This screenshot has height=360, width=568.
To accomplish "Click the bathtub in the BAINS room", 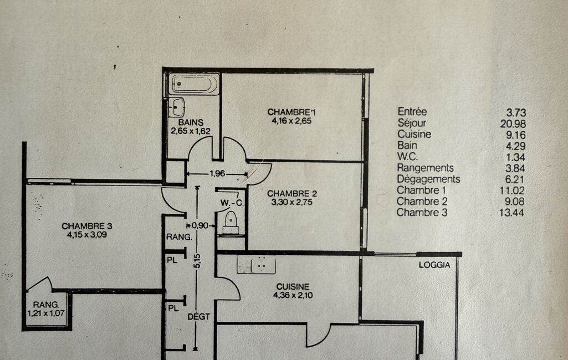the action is (x=194, y=84).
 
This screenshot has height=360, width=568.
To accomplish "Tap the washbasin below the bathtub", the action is (x=177, y=107).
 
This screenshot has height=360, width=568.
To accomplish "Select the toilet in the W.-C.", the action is (x=231, y=223).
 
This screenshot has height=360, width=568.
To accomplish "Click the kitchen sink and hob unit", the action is (x=256, y=265).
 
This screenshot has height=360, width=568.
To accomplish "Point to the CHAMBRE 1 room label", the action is (x=291, y=112).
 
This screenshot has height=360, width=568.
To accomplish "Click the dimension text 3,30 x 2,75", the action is (x=292, y=202).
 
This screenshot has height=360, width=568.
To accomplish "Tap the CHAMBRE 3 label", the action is (x=87, y=226).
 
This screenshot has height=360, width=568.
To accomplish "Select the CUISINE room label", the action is (x=293, y=286).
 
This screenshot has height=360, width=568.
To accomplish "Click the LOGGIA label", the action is (x=434, y=265).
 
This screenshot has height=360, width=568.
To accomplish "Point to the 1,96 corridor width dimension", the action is (x=217, y=173).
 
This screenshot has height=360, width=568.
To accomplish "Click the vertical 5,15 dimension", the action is (x=197, y=261).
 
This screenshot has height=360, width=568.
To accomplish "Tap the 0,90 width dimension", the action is (x=200, y=225).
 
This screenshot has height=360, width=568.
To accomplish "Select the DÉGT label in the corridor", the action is (x=198, y=317).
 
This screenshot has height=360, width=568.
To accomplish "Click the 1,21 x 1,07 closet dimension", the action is (x=46, y=313).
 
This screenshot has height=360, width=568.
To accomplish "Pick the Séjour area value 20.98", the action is (x=513, y=124).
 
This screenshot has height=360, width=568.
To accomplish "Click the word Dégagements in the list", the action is (x=428, y=179).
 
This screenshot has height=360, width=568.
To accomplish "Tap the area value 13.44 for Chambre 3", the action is (x=511, y=213).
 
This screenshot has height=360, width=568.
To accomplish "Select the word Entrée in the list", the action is (x=412, y=111).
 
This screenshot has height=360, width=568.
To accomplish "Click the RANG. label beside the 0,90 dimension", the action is (x=179, y=237).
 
